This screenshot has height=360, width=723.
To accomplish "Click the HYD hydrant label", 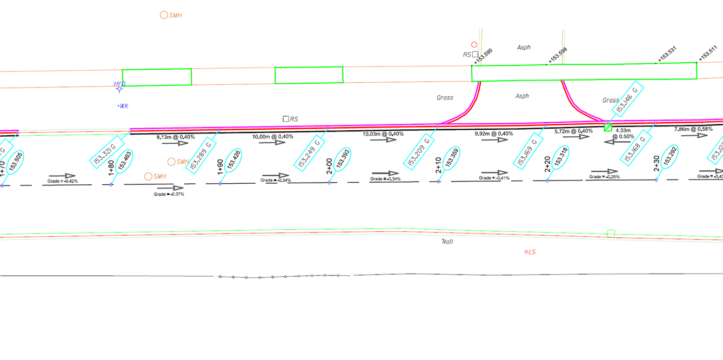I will (119, 84).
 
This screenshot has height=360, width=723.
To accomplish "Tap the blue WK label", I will (124, 106).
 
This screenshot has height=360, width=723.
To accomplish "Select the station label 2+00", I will (329, 166).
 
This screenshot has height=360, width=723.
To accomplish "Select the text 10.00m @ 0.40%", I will (273, 137).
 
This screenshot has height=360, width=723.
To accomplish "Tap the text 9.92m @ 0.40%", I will (494, 134).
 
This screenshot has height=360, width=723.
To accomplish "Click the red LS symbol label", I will (531, 252).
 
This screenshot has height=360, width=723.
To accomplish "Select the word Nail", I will (447, 242).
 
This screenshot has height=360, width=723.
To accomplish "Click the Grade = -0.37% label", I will (169, 194).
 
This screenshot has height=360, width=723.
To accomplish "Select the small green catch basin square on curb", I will (608, 128).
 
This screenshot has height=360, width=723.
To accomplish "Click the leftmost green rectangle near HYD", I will (157, 77).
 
